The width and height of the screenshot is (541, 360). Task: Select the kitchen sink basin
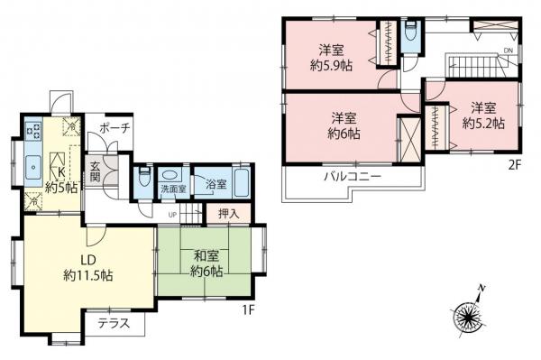pyautogui.click(x=32, y=166)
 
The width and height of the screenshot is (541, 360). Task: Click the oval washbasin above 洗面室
pyautogui.click(x=170, y=176)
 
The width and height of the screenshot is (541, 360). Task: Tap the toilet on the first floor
pyautogui.click(x=142, y=177)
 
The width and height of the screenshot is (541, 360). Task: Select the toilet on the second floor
pyautogui.click(x=410, y=30)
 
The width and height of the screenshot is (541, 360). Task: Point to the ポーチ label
pyautogui.click(x=116, y=128)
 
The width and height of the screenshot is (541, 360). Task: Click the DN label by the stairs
pyautogui.click(x=509, y=51)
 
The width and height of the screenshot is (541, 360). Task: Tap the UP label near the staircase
pyautogui.click(x=172, y=215)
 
